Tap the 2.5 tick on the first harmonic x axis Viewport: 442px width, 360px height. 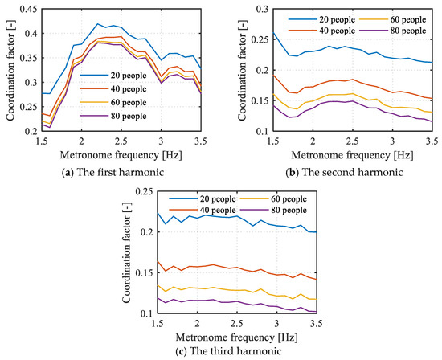(120, 140)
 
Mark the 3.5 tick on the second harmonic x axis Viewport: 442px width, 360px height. (431, 140)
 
